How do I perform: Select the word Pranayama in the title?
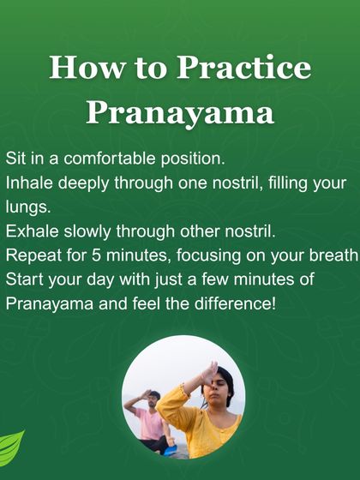180,112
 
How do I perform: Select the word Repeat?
33,256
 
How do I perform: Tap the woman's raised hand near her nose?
207,373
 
